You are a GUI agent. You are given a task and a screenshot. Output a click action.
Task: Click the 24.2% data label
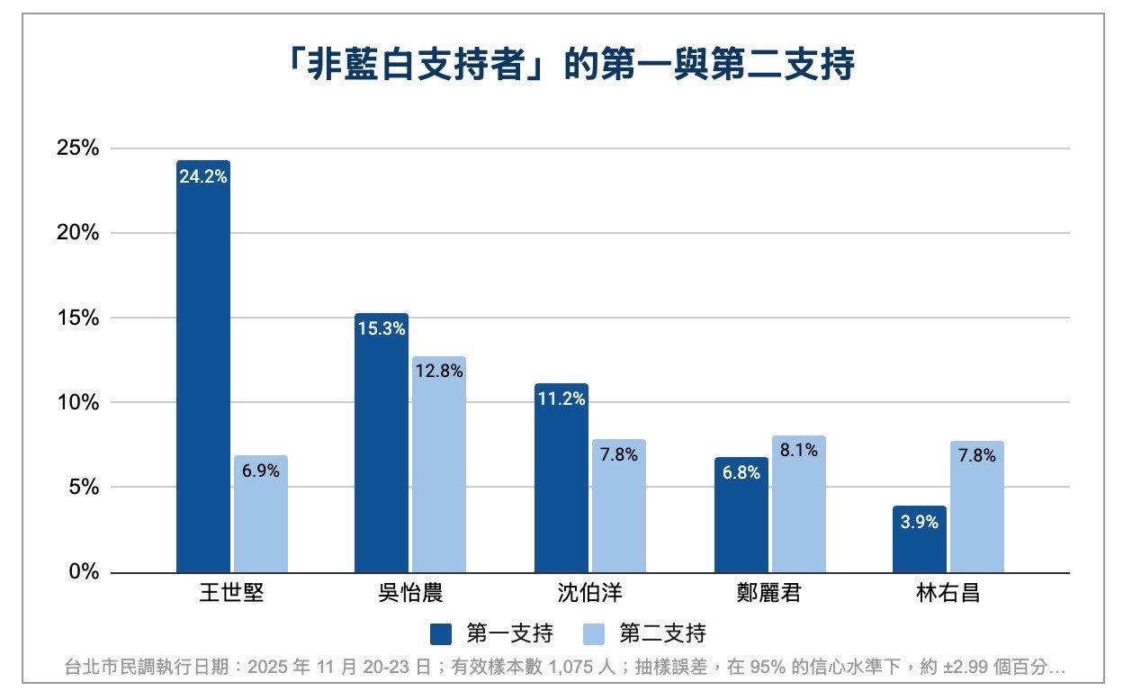[203, 177]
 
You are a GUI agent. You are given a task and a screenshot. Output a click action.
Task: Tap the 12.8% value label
[439, 371]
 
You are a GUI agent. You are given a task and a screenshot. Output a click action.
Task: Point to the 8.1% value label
[798, 451]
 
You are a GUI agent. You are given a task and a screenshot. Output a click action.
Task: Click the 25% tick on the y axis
[77, 148]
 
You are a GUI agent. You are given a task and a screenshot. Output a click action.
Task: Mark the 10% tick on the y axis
[77, 403]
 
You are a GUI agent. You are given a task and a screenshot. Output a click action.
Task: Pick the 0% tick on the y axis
[84, 573]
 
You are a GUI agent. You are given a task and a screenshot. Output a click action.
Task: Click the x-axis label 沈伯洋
[589, 594]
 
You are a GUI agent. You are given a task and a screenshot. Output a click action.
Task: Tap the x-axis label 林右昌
[948, 594]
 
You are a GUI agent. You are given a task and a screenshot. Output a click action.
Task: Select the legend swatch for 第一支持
[441, 633]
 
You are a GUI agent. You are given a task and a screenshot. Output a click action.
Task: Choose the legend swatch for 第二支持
[595, 633]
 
